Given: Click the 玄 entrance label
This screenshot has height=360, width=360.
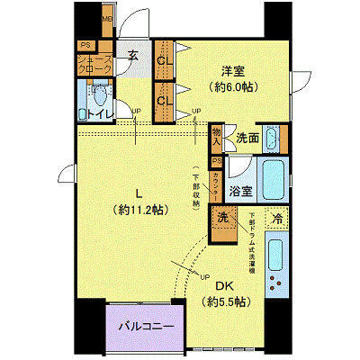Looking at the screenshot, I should (x=132, y=57).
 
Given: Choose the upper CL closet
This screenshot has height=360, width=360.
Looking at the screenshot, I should (x=164, y=61).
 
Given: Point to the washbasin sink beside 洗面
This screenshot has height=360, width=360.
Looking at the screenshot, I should (x=275, y=137).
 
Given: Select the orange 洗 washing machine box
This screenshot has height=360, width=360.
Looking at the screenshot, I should (x=220, y=219).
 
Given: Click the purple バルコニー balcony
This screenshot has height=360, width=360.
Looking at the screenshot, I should (x=144, y=326).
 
